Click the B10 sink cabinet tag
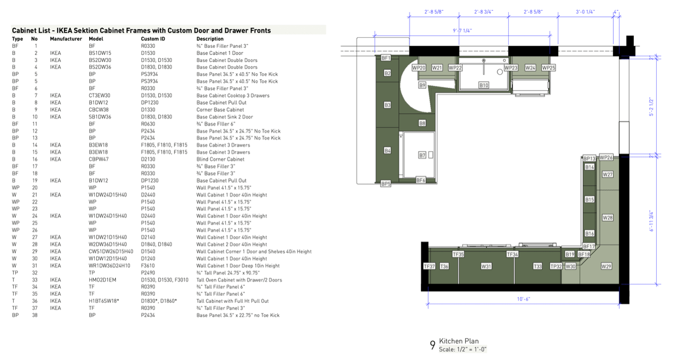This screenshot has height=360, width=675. pos(484,85)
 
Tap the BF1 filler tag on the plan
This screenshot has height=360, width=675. pos(386,58)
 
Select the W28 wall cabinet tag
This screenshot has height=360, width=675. pos(607,218)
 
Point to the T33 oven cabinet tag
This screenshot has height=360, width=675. pos(538,266)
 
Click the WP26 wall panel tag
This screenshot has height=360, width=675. pos(606,157)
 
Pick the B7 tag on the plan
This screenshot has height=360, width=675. pos(422,155)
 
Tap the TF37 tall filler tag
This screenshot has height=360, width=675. pos(429,266)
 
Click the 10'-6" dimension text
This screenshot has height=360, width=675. pos(523,299)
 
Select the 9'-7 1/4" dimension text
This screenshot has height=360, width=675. pos(462,30)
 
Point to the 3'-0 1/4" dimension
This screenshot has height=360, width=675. pos(585,12)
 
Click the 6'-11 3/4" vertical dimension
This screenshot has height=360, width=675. pos(651,221)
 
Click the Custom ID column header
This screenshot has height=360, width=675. pos(153,39)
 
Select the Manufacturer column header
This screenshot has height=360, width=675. pos(66,39)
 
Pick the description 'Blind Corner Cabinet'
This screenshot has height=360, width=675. pos(220,159)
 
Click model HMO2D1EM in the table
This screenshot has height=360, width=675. pos(102,280)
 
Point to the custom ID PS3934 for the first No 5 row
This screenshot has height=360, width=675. pos(149,74)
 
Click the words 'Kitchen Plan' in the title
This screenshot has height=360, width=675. pos(459,341)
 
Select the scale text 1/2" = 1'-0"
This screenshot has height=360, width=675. pos(471,350)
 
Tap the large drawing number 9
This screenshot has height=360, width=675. pos(433,345)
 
